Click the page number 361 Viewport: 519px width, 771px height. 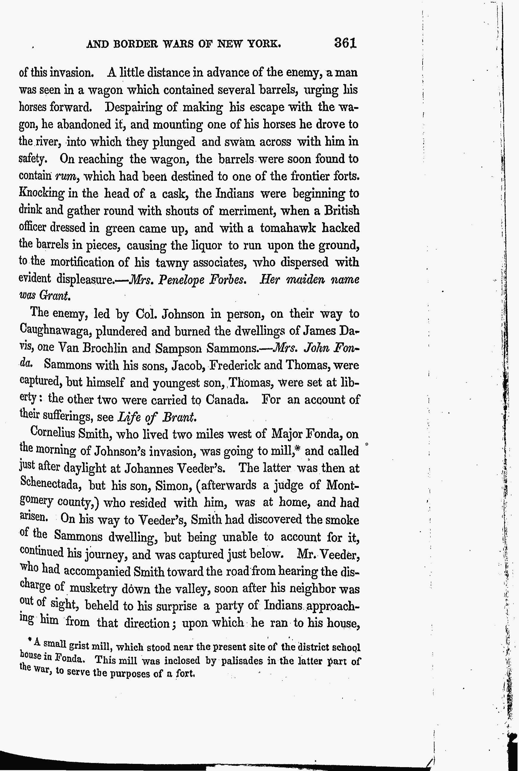click(345, 43)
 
